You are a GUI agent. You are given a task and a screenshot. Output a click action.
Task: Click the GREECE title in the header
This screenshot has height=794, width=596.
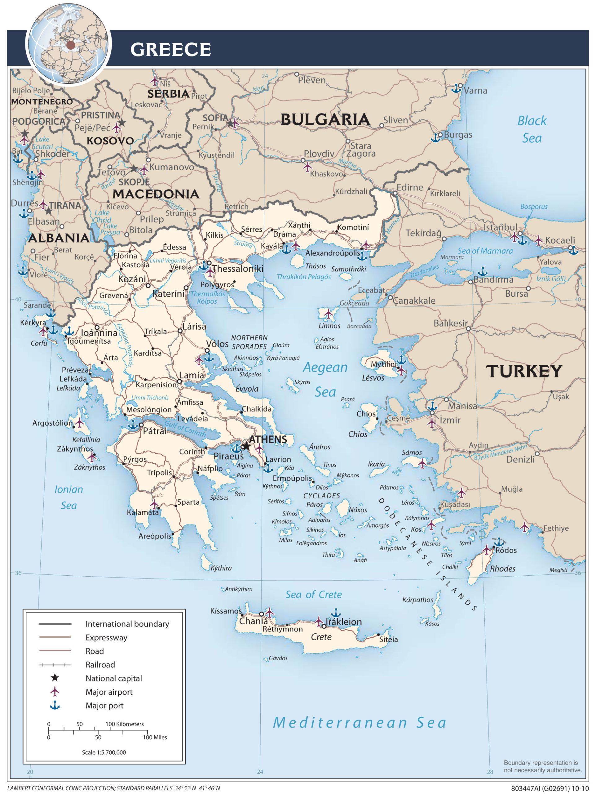coord(170,49)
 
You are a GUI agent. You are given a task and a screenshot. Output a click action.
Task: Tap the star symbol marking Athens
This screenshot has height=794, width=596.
coord(246,446)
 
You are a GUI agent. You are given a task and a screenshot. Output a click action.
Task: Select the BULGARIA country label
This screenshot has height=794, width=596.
coord(325,119)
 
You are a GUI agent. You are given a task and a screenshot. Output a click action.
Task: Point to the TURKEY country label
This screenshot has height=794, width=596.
coord(523,371)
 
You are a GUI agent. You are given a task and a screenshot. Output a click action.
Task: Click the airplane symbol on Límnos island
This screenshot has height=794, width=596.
coord(328,314)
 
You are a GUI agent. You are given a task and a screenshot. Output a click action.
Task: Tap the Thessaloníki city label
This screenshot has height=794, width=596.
coord(237,269)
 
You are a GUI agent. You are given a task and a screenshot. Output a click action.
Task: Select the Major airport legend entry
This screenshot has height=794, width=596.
coord(109,692)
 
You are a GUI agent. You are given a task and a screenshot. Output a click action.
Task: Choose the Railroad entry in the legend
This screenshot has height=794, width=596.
coord(100,665)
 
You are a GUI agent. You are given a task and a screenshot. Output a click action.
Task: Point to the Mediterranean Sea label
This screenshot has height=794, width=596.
coord(360,723)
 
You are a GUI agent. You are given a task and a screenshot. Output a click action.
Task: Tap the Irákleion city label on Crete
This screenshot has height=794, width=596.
coord(343,622)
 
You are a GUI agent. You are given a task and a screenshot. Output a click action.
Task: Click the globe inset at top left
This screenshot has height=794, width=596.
coord(68,43)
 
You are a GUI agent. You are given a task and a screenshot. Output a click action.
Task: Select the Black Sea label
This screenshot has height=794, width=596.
coord(532,129)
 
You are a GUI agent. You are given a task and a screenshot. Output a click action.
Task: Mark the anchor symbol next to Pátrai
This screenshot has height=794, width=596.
coord(133,425)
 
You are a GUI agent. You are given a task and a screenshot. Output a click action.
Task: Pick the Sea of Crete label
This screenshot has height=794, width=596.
coord(313,595)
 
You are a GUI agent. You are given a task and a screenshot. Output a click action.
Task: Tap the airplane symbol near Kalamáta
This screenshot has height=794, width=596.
coord(154,504)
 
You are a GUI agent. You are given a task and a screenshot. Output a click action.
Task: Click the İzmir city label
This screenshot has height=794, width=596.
coord(450,420)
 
